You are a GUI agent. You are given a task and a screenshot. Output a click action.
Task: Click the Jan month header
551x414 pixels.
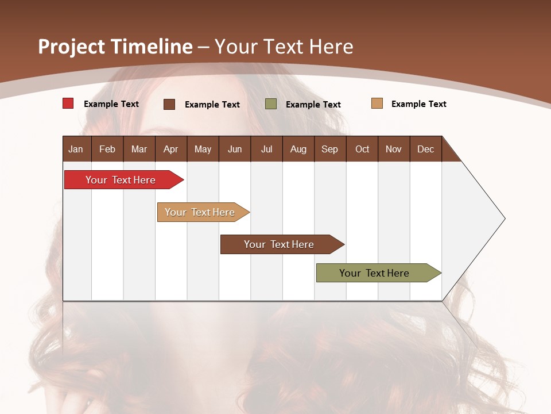point(76,149)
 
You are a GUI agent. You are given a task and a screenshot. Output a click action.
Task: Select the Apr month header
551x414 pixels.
point(170,149)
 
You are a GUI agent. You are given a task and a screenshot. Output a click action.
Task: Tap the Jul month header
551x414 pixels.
point(266,149)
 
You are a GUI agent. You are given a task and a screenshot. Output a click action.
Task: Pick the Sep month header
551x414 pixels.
point(329,149)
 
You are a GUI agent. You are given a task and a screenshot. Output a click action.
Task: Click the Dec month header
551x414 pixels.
point(425,149)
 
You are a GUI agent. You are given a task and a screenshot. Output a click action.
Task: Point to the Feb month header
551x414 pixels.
point(107,149)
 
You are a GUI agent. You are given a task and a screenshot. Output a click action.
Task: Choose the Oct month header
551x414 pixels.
point(362,149)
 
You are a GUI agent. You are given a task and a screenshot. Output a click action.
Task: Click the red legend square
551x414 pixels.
point(68,103)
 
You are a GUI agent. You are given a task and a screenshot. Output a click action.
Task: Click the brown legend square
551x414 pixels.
point(169,104)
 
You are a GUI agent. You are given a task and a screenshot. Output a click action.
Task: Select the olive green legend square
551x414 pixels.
point(271,103)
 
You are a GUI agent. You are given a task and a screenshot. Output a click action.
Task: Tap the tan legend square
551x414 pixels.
point(377,103)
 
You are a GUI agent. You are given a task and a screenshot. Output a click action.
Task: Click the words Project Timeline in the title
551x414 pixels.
point(115,46)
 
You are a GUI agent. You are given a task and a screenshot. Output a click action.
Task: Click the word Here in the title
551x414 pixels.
point(331,46)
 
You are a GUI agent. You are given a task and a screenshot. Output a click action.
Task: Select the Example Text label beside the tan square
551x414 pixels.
point(418,104)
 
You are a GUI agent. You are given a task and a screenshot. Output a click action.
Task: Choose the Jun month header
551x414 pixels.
point(235,149)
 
